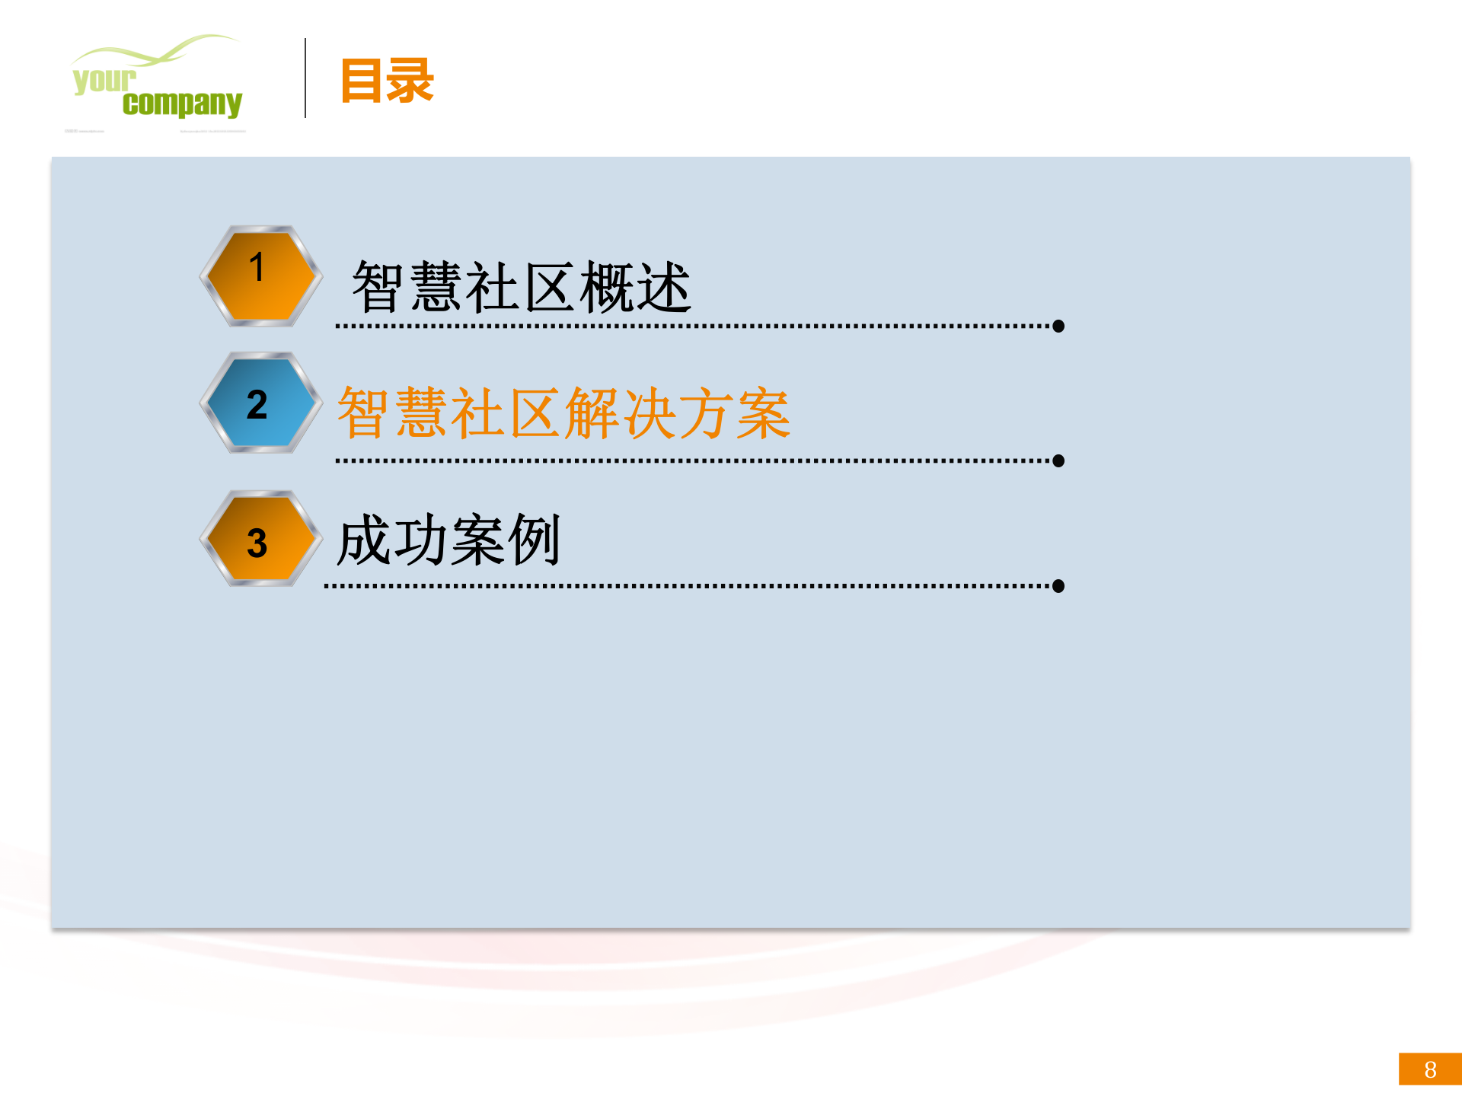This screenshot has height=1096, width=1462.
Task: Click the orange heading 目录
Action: point(387,81)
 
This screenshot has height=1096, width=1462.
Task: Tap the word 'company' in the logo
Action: point(182,104)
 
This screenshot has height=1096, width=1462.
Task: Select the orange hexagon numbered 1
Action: point(260,276)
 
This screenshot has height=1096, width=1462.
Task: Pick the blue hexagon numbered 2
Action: point(260,403)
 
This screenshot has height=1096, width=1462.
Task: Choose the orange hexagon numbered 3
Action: point(260,540)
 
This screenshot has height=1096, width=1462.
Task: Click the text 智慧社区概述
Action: point(522,287)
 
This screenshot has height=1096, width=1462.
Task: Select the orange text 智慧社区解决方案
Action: point(563,413)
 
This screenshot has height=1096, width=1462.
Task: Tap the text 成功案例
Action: point(448,540)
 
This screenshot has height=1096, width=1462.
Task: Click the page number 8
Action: point(1430,1069)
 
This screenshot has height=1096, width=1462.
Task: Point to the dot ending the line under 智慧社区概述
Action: point(1058,327)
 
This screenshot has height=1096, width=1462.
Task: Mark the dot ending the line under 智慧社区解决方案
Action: point(1058,461)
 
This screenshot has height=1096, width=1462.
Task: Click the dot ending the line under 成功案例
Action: point(1058,586)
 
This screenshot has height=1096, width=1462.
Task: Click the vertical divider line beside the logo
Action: point(305,78)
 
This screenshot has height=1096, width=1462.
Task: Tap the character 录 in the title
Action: point(411,81)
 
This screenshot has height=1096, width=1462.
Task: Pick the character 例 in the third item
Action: point(535,540)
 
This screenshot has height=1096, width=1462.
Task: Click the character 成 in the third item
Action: point(364,540)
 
